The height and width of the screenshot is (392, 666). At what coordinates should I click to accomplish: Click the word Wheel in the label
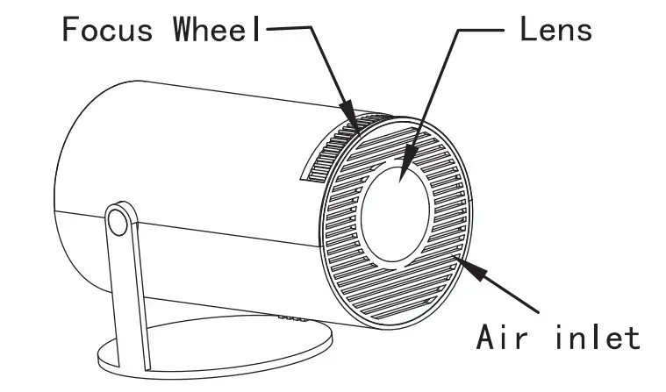pyautogui.click(x=216, y=30)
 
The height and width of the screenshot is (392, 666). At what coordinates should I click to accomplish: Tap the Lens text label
pyautogui.click(x=555, y=30)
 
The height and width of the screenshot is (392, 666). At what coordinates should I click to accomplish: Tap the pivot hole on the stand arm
pyautogui.click(x=118, y=220)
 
